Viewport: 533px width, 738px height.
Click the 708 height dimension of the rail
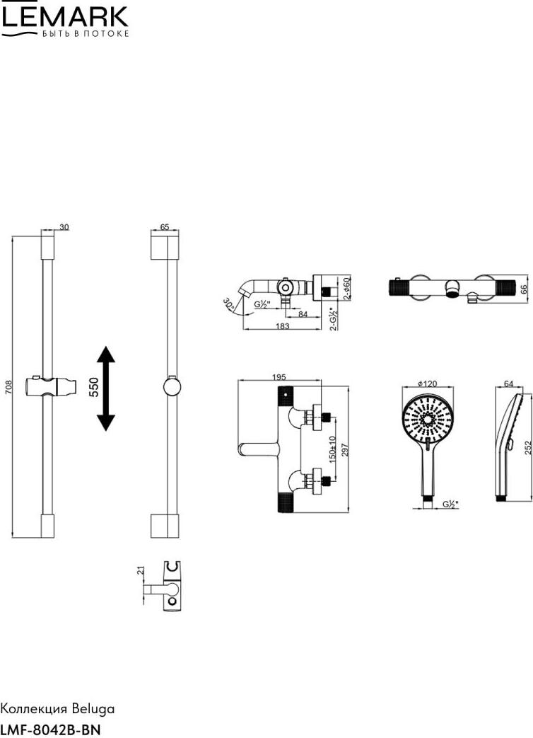[x=9, y=388]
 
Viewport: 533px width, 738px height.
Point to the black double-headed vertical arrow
[x=106, y=388]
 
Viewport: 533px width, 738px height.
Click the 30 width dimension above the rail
[x=64, y=227]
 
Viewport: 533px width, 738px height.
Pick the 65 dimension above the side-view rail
[x=165, y=227]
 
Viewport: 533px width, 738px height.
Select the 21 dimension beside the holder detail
[x=141, y=571]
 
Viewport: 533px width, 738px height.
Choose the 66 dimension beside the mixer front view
[x=525, y=289]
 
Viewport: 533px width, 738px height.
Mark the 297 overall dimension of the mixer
[x=346, y=449]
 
